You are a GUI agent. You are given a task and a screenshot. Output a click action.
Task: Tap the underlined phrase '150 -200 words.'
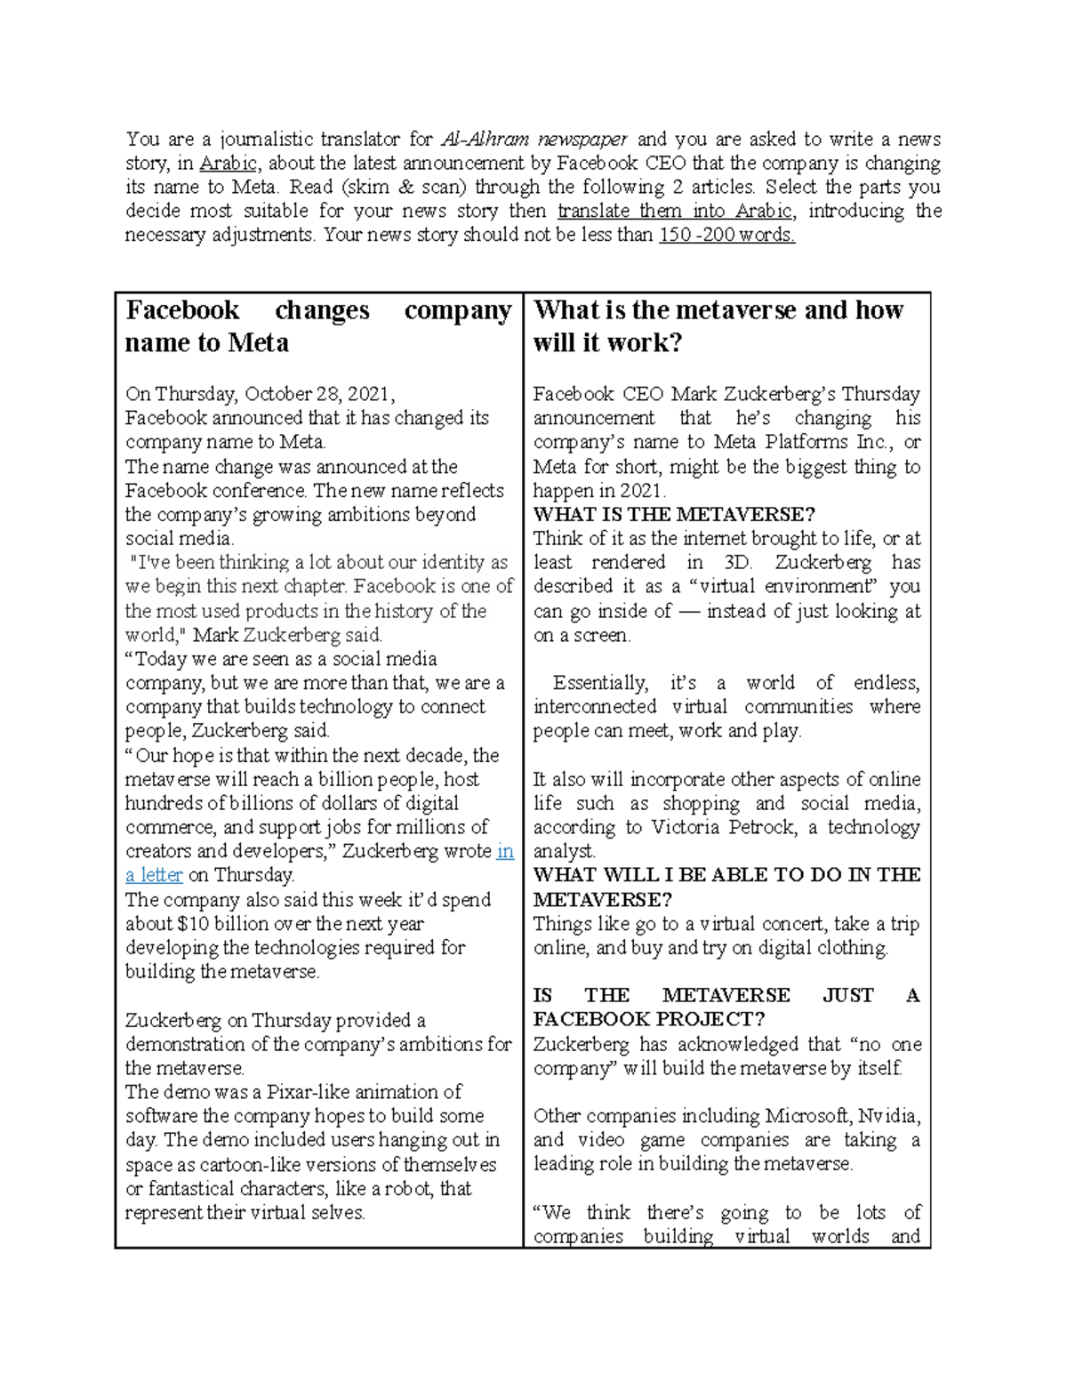[x=726, y=236]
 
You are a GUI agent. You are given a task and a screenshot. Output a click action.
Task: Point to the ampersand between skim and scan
[x=406, y=188]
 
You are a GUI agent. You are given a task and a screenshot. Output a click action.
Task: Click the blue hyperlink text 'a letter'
[x=154, y=875]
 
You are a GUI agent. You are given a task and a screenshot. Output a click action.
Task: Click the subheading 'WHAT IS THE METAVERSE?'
[x=674, y=515]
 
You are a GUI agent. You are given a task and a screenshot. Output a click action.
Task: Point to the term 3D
[x=737, y=563]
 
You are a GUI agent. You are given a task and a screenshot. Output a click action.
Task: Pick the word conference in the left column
[x=259, y=491]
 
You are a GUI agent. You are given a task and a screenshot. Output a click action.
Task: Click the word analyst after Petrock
[x=564, y=852]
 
